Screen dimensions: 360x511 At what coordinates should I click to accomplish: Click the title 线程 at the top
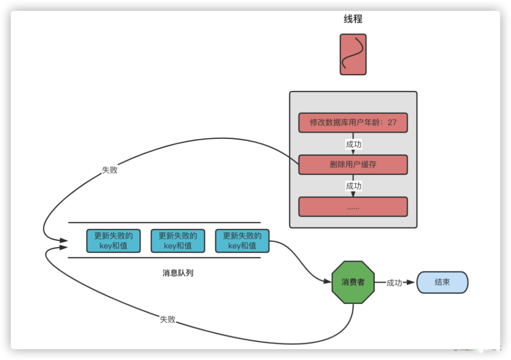click(x=353, y=19)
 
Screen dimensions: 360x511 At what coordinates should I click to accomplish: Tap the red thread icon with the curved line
click(x=353, y=54)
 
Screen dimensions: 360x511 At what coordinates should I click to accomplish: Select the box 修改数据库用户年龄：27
click(x=353, y=122)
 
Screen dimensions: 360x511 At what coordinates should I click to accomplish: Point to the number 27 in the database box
click(x=392, y=122)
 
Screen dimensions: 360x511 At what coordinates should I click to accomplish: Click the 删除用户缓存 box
click(x=353, y=164)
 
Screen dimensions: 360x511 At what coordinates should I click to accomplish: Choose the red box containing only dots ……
click(x=353, y=206)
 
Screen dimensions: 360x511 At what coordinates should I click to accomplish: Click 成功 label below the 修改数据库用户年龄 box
click(x=353, y=144)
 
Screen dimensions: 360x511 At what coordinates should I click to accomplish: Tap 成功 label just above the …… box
click(x=353, y=186)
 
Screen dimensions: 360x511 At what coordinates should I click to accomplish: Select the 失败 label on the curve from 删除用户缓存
click(x=110, y=170)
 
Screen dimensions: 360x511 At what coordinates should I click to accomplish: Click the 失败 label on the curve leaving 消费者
click(x=168, y=319)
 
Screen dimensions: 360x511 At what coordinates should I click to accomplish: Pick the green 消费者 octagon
click(x=353, y=282)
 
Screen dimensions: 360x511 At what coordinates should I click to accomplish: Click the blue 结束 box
click(x=442, y=282)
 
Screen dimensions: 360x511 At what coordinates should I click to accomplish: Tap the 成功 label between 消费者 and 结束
click(x=394, y=283)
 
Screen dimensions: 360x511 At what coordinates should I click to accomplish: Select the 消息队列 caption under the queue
click(x=178, y=273)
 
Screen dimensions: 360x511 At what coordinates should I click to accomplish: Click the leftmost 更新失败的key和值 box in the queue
click(x=113, y=241)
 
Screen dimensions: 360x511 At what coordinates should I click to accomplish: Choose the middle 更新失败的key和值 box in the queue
click(x=178, y=241)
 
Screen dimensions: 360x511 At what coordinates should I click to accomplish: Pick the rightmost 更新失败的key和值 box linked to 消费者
click(x=242, y=241)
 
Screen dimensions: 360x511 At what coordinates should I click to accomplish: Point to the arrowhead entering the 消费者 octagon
click(x=328, y=282)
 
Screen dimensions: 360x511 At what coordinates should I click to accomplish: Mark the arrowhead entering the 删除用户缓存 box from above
click(x=353, y=152)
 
